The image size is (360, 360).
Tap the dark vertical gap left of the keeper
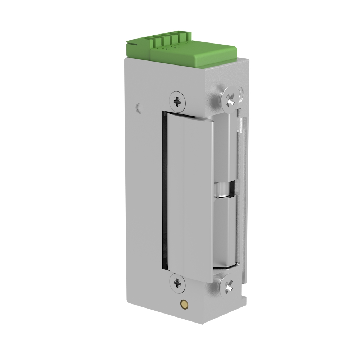165,191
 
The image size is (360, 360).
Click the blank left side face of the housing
144,198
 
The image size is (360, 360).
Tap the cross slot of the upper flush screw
177,101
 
